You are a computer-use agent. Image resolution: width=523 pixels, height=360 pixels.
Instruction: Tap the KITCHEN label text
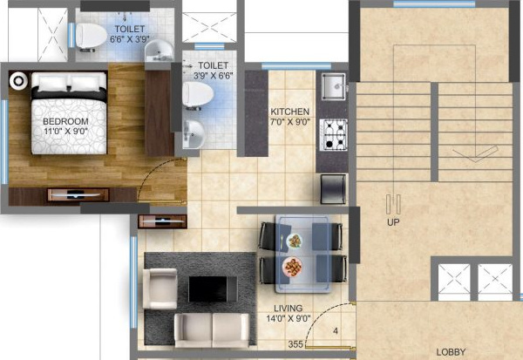click(x=289, y=112)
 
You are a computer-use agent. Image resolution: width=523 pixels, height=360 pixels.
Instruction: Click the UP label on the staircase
click(x=394, y=221)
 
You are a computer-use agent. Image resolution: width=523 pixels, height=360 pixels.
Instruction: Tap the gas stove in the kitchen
click(x=335, y=132)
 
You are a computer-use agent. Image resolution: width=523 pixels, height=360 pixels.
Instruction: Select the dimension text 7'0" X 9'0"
click(x=289, y=123)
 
